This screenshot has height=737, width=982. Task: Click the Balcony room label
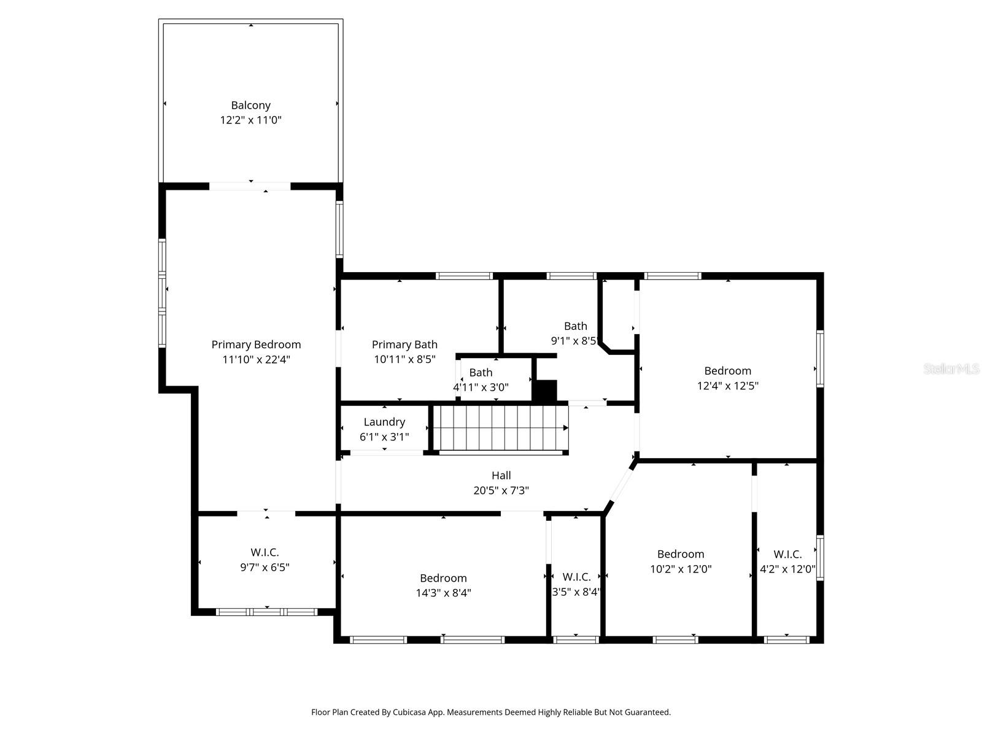click(x=250, y=106)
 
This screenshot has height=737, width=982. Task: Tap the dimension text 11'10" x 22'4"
click(x=256, y=359)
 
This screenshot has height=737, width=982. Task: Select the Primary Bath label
click(x=404, y=345)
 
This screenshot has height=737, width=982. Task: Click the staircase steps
click(x=501, y=428)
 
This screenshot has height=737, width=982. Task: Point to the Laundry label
click(x=384, y=422)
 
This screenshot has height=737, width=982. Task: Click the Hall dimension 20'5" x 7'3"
click(x=501, y=490)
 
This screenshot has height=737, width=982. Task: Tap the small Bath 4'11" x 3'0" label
click(x=481, y=380)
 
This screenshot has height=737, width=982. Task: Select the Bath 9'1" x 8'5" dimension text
click(x=574, y=341)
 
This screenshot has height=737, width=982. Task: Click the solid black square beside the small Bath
click(x=544, y=391)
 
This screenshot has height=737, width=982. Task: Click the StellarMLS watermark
click(x=951, y=369)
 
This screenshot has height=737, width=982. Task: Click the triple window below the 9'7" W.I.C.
click(x=266, y=612)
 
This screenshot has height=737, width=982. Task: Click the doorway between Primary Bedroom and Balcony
click(x=250, y=185)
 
